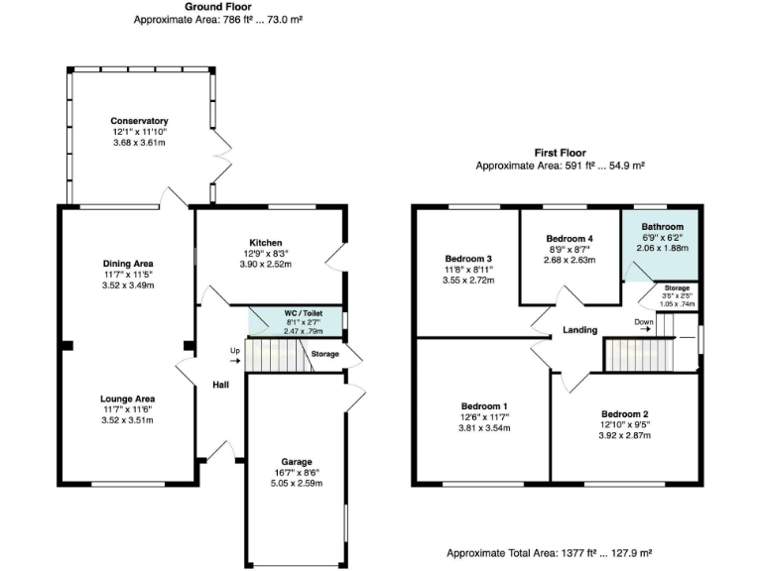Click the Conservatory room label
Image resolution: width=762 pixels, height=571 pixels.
point(139,121)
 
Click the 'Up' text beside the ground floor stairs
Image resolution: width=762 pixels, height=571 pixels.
point(234,350)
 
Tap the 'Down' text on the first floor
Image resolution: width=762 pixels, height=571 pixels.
point(643,321)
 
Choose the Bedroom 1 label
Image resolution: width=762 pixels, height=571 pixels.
point(484,406)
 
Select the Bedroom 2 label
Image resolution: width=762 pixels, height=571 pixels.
point(624,413)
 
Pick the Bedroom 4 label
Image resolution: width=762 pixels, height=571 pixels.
point(570,239)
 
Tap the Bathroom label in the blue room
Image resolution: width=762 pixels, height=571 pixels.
point(661,227)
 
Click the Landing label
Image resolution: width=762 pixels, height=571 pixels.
point(578,330)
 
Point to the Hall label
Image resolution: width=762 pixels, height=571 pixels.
point(220,386)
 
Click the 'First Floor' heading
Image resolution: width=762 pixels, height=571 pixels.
point(560,154)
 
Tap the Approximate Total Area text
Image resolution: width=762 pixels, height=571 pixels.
point(548,553)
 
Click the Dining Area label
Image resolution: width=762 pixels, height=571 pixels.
point(128,263)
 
